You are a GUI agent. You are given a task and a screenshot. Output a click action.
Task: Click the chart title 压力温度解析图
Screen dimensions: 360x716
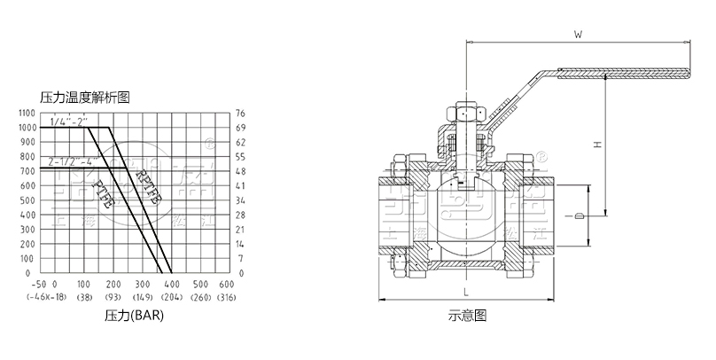point(85,97)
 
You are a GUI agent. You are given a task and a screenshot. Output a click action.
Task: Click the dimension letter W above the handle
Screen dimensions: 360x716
point(577,35)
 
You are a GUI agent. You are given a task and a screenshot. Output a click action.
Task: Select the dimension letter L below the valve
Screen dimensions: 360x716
point(463,291)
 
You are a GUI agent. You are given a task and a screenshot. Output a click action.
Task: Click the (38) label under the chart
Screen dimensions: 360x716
point(85,296)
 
